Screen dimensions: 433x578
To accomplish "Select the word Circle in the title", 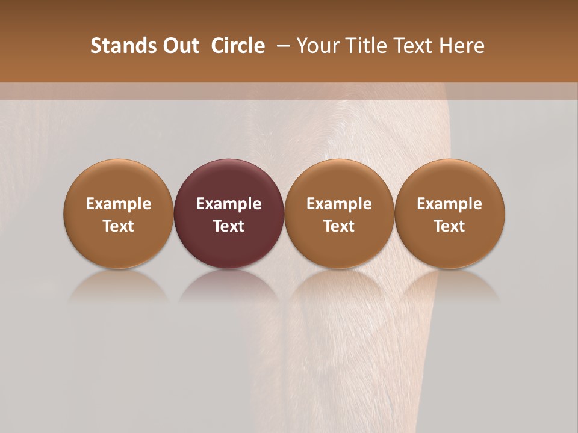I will [238, 46].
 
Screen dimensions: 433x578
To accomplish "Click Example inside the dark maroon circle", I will [229, 204].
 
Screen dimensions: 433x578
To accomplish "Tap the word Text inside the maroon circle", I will [229, 226].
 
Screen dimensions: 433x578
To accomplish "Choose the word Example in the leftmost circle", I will [119, 204].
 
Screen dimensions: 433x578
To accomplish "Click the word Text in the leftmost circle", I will [119, 226].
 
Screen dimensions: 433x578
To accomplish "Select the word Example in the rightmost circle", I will [449, 204].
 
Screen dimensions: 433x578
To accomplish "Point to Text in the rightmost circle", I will [449, 226].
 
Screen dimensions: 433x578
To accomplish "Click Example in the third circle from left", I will [339, 204].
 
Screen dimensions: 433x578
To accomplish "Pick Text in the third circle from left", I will [339, 226].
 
